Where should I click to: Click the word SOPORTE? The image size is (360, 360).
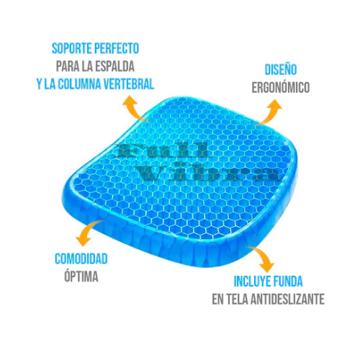coord(72,49)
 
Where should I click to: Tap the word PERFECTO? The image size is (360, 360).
coord(117,49)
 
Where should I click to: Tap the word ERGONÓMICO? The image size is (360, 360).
coord(281,87)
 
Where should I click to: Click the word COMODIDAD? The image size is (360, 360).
coord(81,258)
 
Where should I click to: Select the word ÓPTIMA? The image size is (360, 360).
coord(81,276)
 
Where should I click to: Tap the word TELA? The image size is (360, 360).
coord(238,299)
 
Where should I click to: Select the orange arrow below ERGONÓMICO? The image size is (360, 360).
coord(270,112)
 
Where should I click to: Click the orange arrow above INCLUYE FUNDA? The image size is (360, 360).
coord(262,257)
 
